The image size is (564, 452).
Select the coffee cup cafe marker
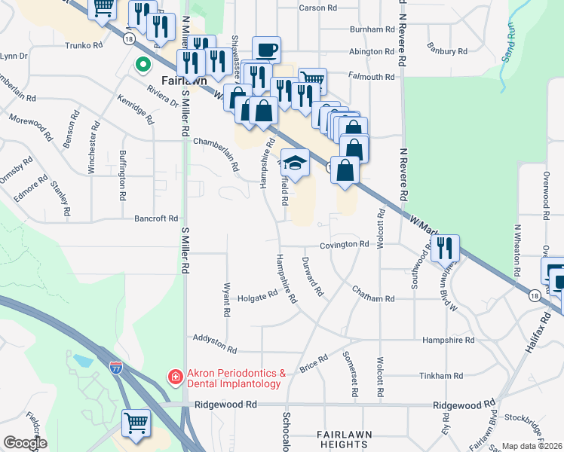266,50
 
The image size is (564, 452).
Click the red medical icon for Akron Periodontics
175,375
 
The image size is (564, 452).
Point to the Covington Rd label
343,245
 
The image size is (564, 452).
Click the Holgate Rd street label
259,297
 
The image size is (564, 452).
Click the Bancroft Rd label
155,218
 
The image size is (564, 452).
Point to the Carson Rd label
317,8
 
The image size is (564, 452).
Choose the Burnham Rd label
372,29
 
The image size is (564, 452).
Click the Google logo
25,443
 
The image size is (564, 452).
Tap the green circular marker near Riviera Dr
141,66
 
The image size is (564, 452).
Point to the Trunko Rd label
83,45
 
